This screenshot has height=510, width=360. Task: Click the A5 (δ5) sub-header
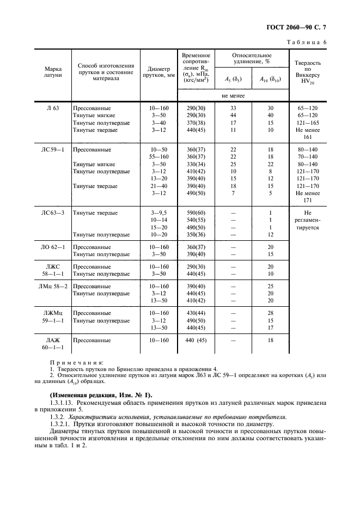233,79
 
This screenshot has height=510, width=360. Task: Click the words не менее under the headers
233,96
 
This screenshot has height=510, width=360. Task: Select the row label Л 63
53,108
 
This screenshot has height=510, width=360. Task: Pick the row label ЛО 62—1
53,247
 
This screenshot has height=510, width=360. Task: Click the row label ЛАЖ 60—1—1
53,344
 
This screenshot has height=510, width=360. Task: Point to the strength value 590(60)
196,212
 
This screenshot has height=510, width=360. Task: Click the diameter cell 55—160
158,156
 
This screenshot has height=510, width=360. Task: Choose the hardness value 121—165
307,123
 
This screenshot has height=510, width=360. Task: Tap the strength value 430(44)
196,313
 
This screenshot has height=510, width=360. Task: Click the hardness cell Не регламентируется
307,220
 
